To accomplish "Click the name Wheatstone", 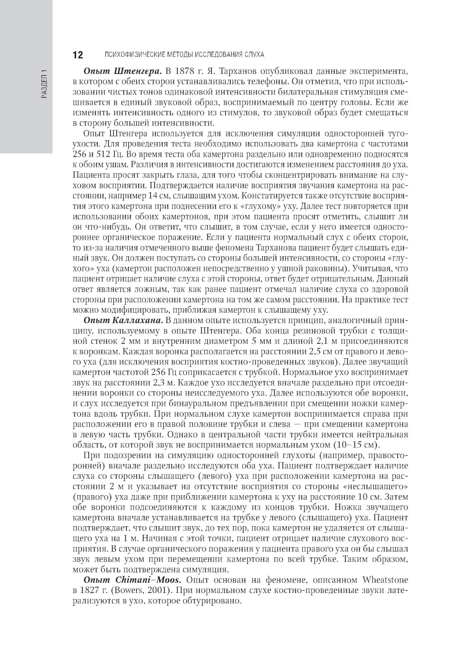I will pyautogui.click(x=385, y=579).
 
